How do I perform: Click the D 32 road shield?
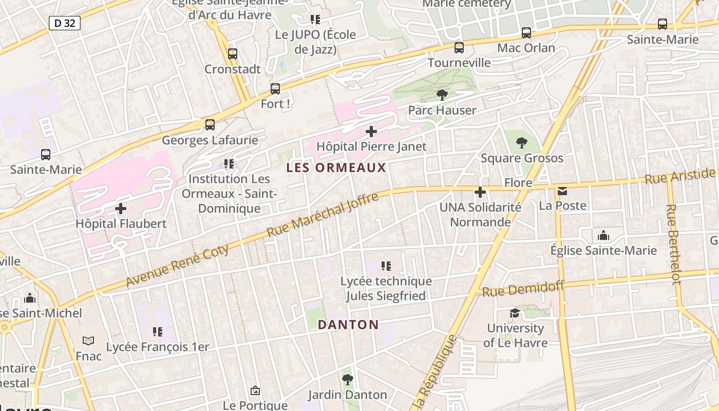65,23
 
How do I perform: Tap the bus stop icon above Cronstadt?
233,53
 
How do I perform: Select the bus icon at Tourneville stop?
459,48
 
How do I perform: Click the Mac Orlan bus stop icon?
526,33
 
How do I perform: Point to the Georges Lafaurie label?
210,140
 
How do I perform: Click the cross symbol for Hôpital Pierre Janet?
371,132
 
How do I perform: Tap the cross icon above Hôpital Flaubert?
121,209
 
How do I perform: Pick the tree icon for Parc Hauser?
442,95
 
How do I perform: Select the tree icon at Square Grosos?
522,143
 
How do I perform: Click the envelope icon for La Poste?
562,191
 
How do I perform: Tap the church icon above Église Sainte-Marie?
603,236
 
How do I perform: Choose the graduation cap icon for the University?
515,313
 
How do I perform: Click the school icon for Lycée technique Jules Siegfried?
386,266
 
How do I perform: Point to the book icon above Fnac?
88,341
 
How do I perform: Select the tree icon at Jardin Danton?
348,380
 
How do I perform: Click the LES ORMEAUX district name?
336,167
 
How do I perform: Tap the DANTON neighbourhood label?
348,325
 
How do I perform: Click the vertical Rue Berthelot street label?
673,244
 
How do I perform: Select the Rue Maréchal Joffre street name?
322,215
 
